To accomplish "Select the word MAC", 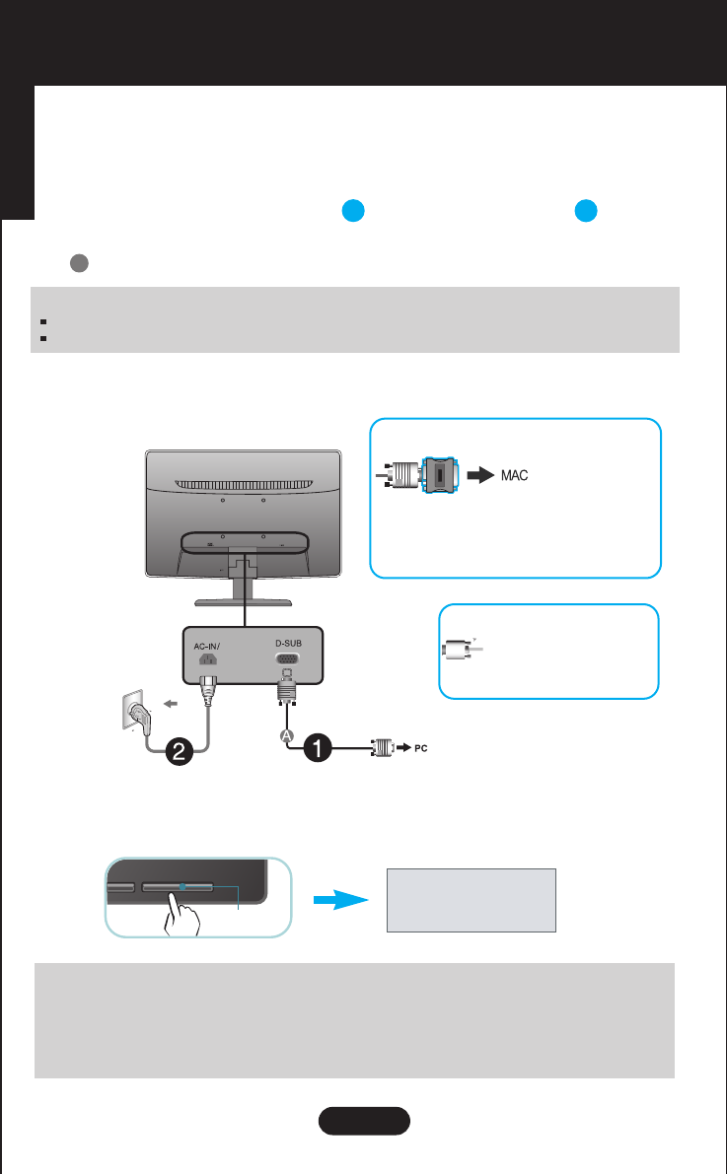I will point(512,475).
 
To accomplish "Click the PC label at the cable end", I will point(419,747).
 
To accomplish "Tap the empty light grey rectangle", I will point(471,900).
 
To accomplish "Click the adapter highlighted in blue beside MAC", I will point(438,475).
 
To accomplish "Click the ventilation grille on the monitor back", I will point(244,484).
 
